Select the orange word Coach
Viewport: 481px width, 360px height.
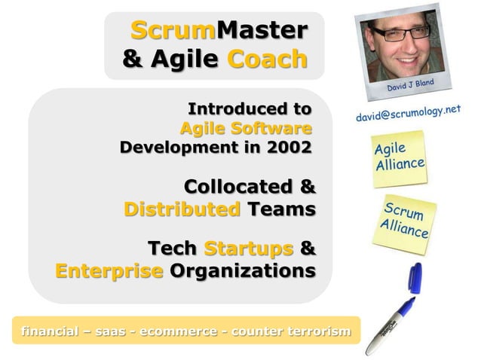point(267,59)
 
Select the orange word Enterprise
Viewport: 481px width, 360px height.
point(109,270)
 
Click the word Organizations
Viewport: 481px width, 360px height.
point(242,270)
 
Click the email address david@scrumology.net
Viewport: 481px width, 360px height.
point(408,115)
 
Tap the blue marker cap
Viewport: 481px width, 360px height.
point(415,279)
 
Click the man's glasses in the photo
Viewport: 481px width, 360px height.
point(397,34)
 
